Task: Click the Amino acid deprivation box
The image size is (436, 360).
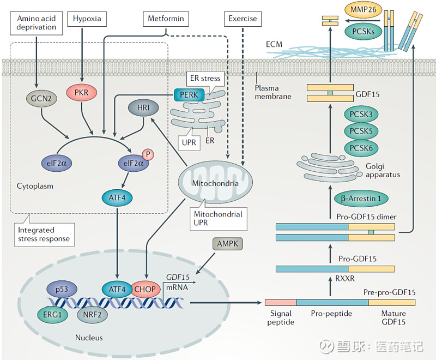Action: (x=37, y=22)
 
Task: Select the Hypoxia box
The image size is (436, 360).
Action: (x=84, y=19)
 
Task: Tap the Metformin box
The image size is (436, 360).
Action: (x=166, y=19)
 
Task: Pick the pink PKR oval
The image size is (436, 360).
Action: (x=81, y=92)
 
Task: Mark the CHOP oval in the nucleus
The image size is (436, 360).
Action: (x=146, y=289)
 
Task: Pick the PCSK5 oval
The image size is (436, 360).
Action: (x=361, y=131)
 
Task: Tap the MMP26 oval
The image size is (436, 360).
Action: (x=361, y=10)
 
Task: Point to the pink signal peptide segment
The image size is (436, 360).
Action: (x=280, y=302)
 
